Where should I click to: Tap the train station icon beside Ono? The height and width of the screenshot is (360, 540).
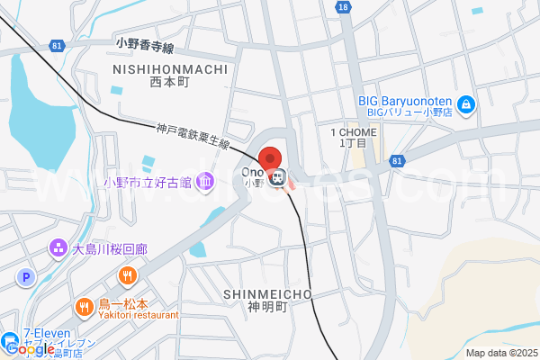(280, 176)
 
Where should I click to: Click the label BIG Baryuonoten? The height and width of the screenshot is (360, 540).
(403, 101)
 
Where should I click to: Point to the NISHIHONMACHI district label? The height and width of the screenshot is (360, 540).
(170, 68)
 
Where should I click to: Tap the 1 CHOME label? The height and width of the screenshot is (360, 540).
(353, 131)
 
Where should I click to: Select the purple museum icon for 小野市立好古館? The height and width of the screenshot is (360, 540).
(206, 183)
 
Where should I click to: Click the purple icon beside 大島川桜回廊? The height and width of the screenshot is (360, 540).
(58, 246)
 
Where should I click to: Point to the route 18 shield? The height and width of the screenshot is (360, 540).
(343, 6)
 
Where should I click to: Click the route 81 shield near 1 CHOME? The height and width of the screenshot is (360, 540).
(397, 160)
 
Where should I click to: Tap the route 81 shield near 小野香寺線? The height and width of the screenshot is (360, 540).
(58, 45)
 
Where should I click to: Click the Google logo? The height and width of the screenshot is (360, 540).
(28, 348)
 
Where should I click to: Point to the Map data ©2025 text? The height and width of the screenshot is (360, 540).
(500, 353)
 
